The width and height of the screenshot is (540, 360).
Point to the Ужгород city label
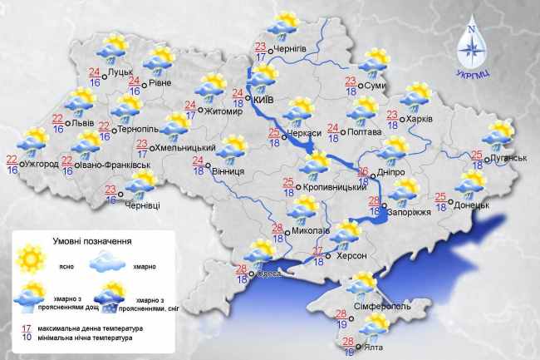42,164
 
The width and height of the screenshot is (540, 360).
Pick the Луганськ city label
508,156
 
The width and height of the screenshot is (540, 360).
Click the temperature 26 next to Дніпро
363,172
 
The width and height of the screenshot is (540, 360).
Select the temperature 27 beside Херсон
317,252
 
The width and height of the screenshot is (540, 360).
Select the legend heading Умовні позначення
92,241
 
